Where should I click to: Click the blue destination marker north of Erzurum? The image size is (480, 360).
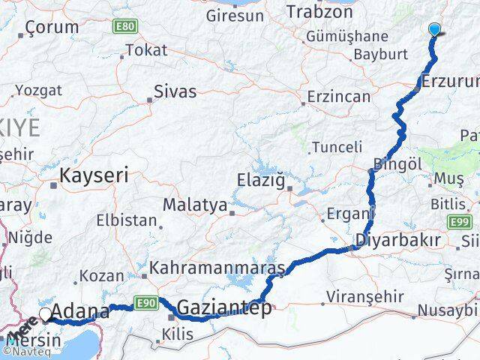tap(435, 30)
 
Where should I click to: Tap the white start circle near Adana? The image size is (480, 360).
tap(46, 314)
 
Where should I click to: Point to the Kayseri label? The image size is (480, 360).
tap(94, 175)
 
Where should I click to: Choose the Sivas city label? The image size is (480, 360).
tap(175, 91)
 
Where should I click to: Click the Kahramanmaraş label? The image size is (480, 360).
tap(217, 268)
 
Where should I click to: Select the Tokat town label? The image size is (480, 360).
tap(146, 50)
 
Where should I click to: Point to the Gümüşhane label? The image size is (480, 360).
tap(351, 36)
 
